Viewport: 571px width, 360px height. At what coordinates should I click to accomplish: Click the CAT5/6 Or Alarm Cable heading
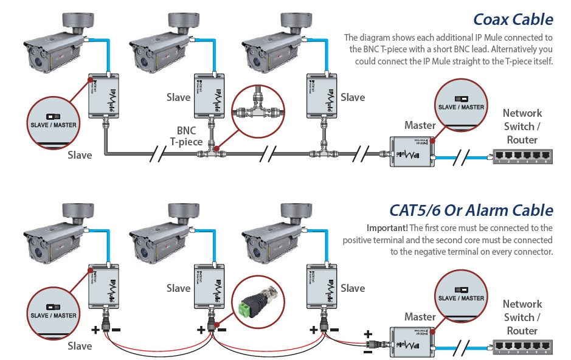[471, 210]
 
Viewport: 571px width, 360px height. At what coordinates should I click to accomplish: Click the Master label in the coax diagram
[420, 125]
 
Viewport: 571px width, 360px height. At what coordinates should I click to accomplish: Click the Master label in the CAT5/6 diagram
[420, 316]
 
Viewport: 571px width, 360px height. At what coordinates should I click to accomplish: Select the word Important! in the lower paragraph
[387, 228]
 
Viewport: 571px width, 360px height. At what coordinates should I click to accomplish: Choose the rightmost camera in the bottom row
[274, 239]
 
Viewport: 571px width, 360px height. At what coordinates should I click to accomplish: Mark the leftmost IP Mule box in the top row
[106, 95]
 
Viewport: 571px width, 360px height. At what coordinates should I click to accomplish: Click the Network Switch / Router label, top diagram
[522, 126]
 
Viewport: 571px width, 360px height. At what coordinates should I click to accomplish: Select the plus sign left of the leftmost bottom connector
[95, 330]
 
